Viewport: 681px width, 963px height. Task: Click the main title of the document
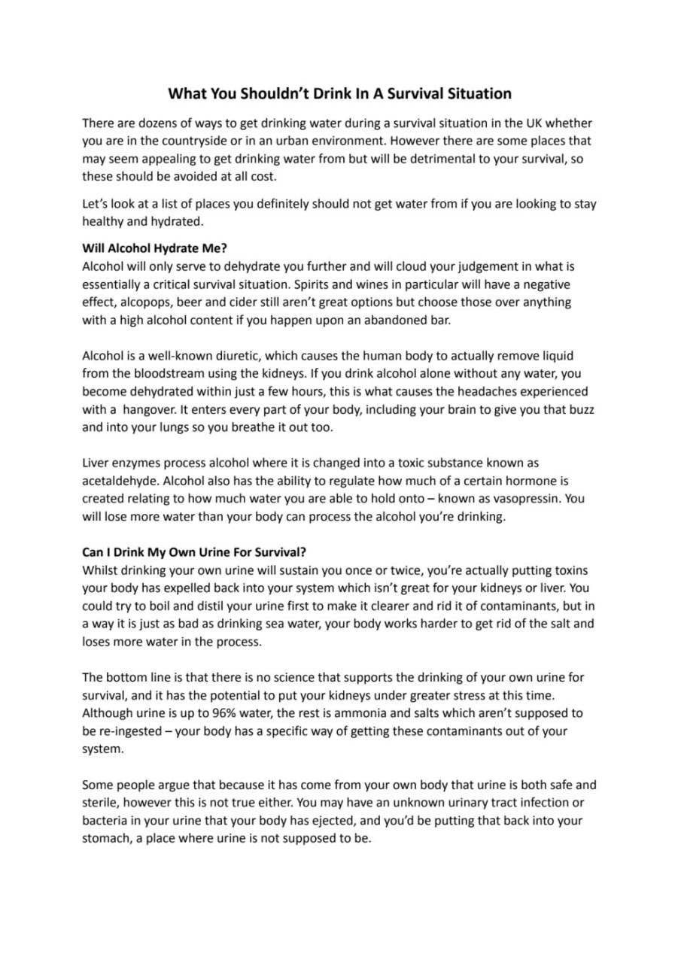(339, 94)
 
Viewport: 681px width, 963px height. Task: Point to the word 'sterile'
(102, 803)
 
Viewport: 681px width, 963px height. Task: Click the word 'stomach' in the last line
(105, 838)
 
